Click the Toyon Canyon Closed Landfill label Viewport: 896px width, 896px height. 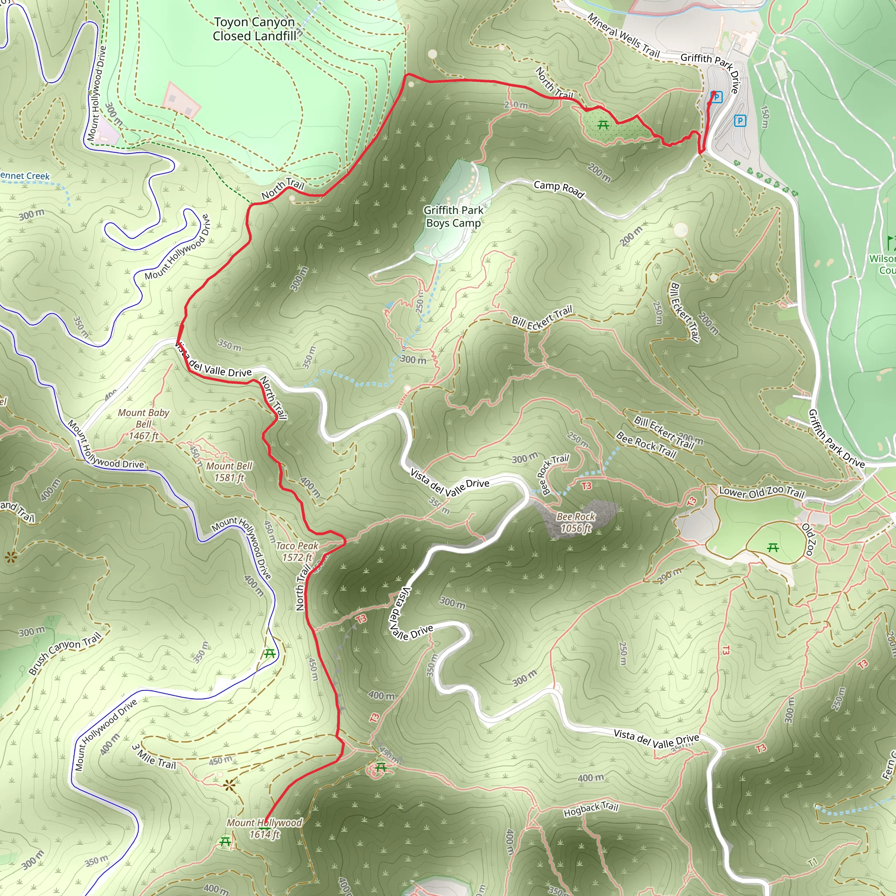254,29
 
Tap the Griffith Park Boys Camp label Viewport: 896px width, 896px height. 453,217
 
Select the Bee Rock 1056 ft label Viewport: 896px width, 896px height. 576,522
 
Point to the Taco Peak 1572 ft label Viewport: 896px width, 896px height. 297,551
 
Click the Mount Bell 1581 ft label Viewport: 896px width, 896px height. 229,471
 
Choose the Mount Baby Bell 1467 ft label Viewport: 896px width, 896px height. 143,424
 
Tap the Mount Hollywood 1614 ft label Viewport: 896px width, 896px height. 264,828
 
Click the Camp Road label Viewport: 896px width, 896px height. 559,189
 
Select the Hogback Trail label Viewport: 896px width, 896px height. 591,809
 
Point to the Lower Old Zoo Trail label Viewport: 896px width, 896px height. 762,492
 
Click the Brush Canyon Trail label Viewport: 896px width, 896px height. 65,654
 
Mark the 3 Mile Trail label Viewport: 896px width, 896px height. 154,757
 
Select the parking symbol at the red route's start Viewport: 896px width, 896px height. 717,97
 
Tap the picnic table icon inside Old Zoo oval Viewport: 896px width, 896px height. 773,548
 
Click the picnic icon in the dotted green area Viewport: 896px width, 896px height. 603,125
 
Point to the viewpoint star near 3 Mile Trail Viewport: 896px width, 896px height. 229,785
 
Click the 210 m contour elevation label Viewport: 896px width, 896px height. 516,105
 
